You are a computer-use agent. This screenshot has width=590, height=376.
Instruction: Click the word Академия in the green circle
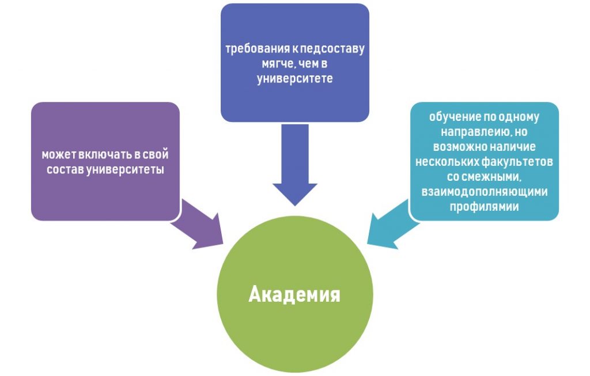tap(294, 295)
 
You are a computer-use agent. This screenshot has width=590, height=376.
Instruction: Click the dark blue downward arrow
tap(294, 167)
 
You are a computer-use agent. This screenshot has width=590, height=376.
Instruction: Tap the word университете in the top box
tap(294, 78)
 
